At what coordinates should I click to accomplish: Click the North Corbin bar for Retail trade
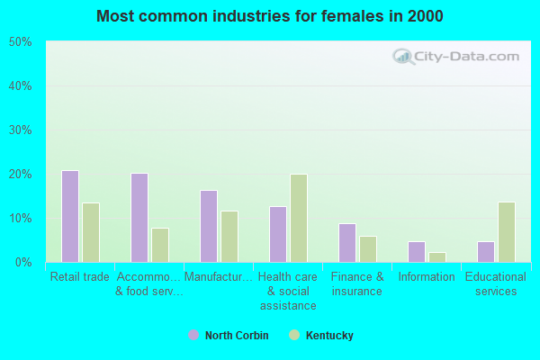pyautogui.click(x=70, y=216)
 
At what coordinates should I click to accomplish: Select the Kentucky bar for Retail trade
pyautogui.click(x=91, y=232)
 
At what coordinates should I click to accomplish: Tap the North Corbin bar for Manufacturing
pyautogui.click(x=209, y=226)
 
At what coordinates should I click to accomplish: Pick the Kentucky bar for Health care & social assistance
pyautogui.click(x=299, y=218)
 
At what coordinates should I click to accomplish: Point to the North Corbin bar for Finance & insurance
pyautogui.click(x=347, y=243)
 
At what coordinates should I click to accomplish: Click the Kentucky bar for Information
pyautogui.click(x=437, y=257)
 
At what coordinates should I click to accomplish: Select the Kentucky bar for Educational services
pyautogui.click(x=507, y=232)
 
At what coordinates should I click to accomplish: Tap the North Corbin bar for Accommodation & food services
pyautogui.click(x=139, y=218)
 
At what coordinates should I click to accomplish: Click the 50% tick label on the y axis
pyautogui.click(x=21, y=42)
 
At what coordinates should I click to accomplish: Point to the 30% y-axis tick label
pyautogui.click(x=21, y=130)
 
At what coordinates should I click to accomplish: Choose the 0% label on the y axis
pyautogui.click(x=23, y=263)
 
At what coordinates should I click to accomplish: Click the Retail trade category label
pyautogui.click(x=80, y=276)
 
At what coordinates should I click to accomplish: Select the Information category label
pyautogui.click(x=427, y=276)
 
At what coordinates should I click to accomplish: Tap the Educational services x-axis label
pyautogui.click(x=496, y=283)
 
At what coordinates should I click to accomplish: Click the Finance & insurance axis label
pyautogui.click(x=357, y=283)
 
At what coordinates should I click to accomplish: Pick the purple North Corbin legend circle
pyautogui.click(x=193, y=335)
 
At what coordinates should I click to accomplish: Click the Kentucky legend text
pyautogui.click(x=329, y=335)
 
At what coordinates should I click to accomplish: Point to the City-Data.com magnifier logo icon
pyautogui.click(x=403, y=57)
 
